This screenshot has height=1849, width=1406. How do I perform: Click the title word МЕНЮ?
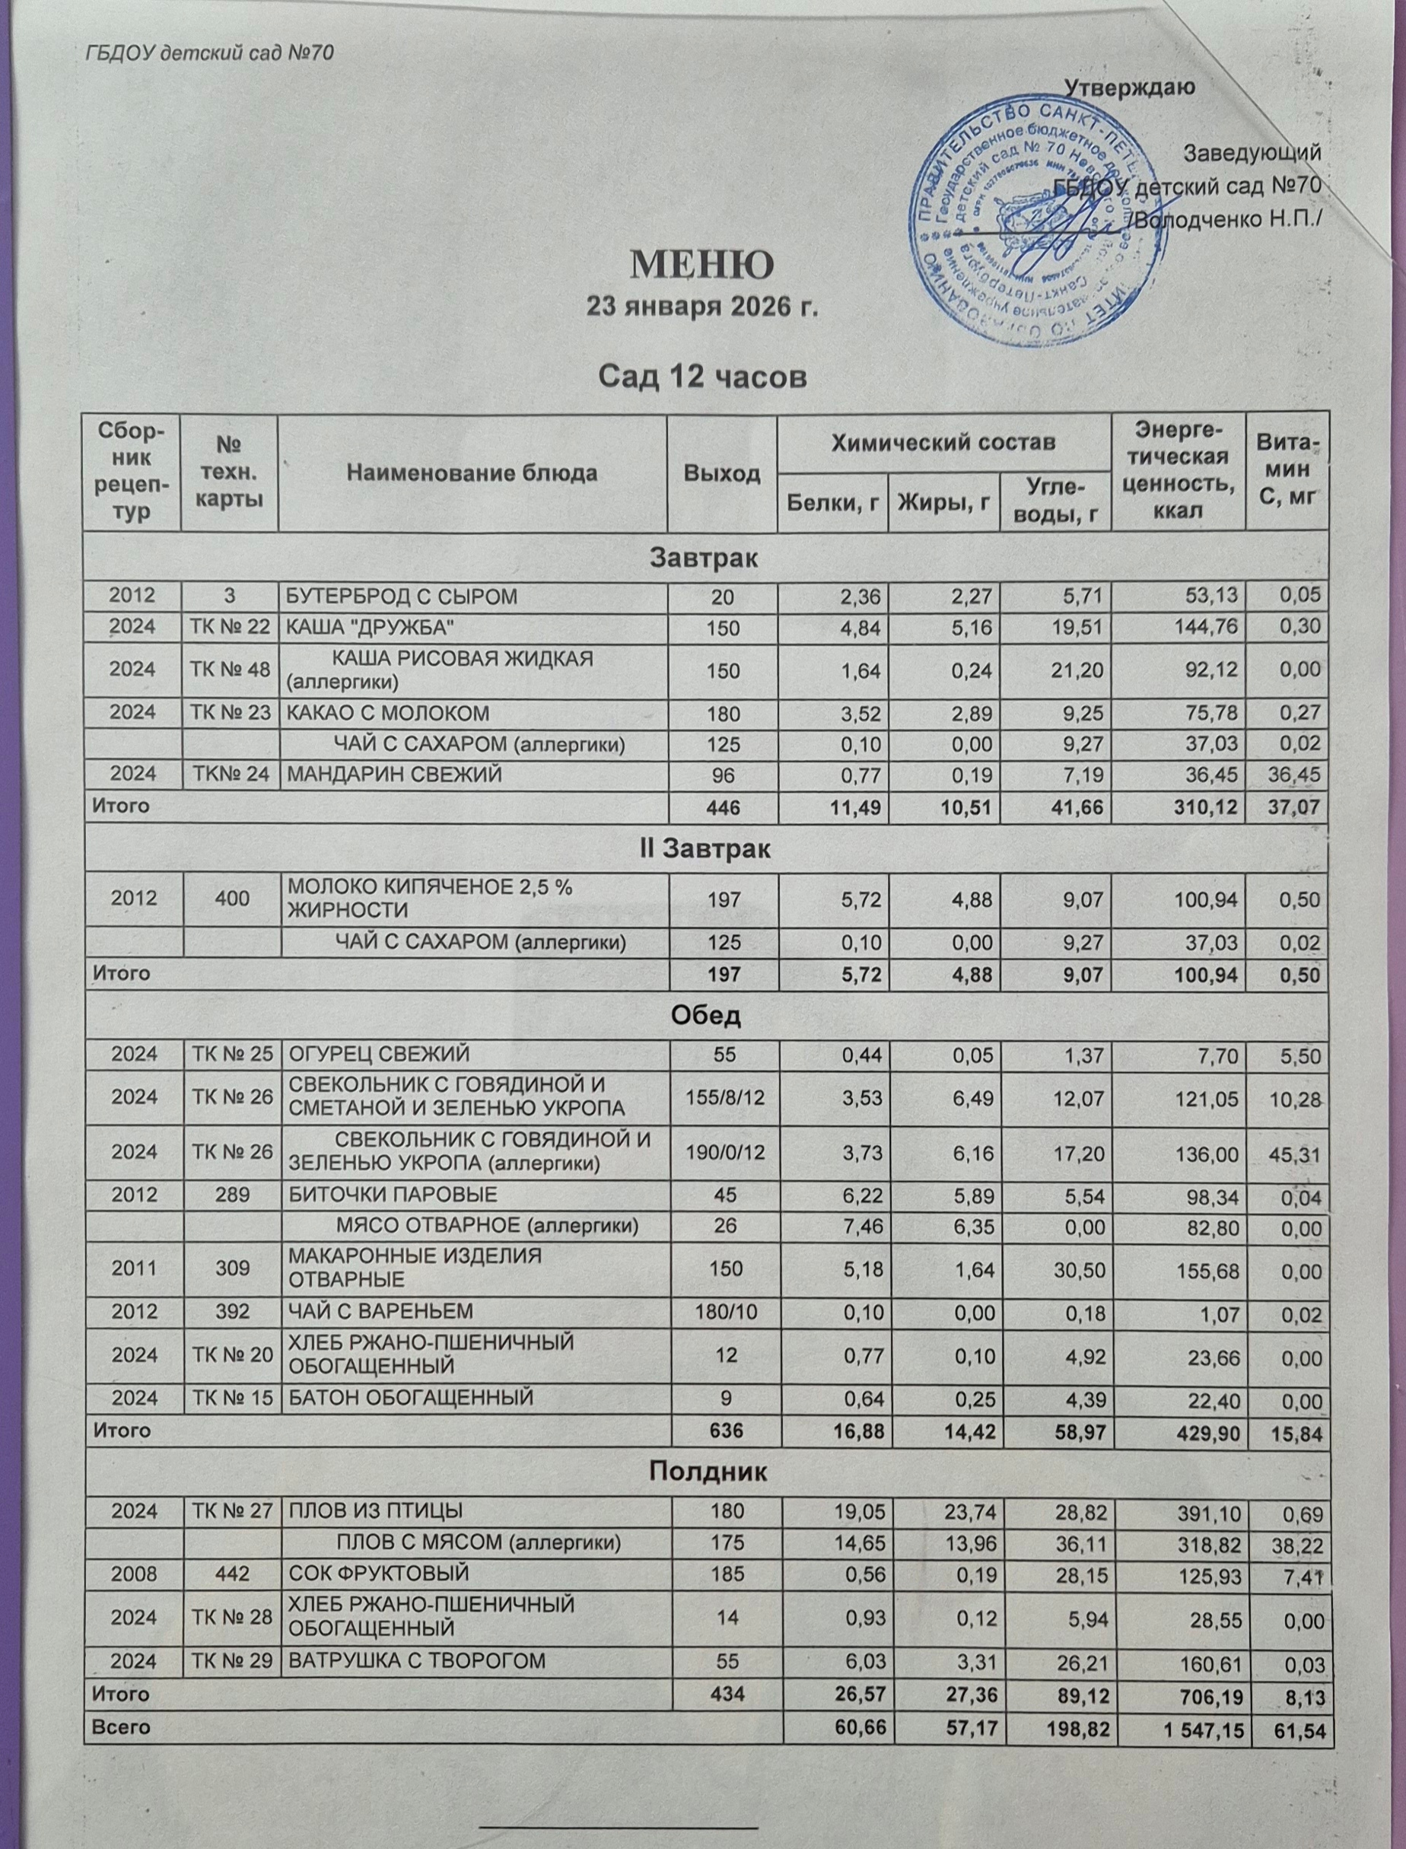pyautogui.click(x=701, y=265)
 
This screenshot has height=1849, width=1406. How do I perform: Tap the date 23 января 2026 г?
pyautogui.click(x=701, y=307)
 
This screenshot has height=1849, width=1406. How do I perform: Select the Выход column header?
pyautogui.click(x=721, y=473)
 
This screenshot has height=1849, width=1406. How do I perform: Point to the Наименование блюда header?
pyautogui.click(x=472, y=473)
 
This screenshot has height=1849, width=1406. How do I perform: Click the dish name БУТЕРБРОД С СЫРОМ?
pyautogui.click(x=402, y=596)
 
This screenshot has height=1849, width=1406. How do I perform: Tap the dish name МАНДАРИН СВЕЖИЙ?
pyautogui.click(x=394, y=775)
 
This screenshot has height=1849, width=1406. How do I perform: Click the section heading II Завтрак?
pyautogui.click(x=705, y=848)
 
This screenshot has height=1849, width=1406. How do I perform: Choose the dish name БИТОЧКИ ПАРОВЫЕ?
pyautogui.click(x=393, y=1195)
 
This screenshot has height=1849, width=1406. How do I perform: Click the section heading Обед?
pyautogui.click(x=705, y=1016)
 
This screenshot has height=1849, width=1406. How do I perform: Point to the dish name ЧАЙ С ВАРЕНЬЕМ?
pyautogui.click(x=380, y=1311)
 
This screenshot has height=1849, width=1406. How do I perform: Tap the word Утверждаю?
pyautogui.click(x=1130, y=87)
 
